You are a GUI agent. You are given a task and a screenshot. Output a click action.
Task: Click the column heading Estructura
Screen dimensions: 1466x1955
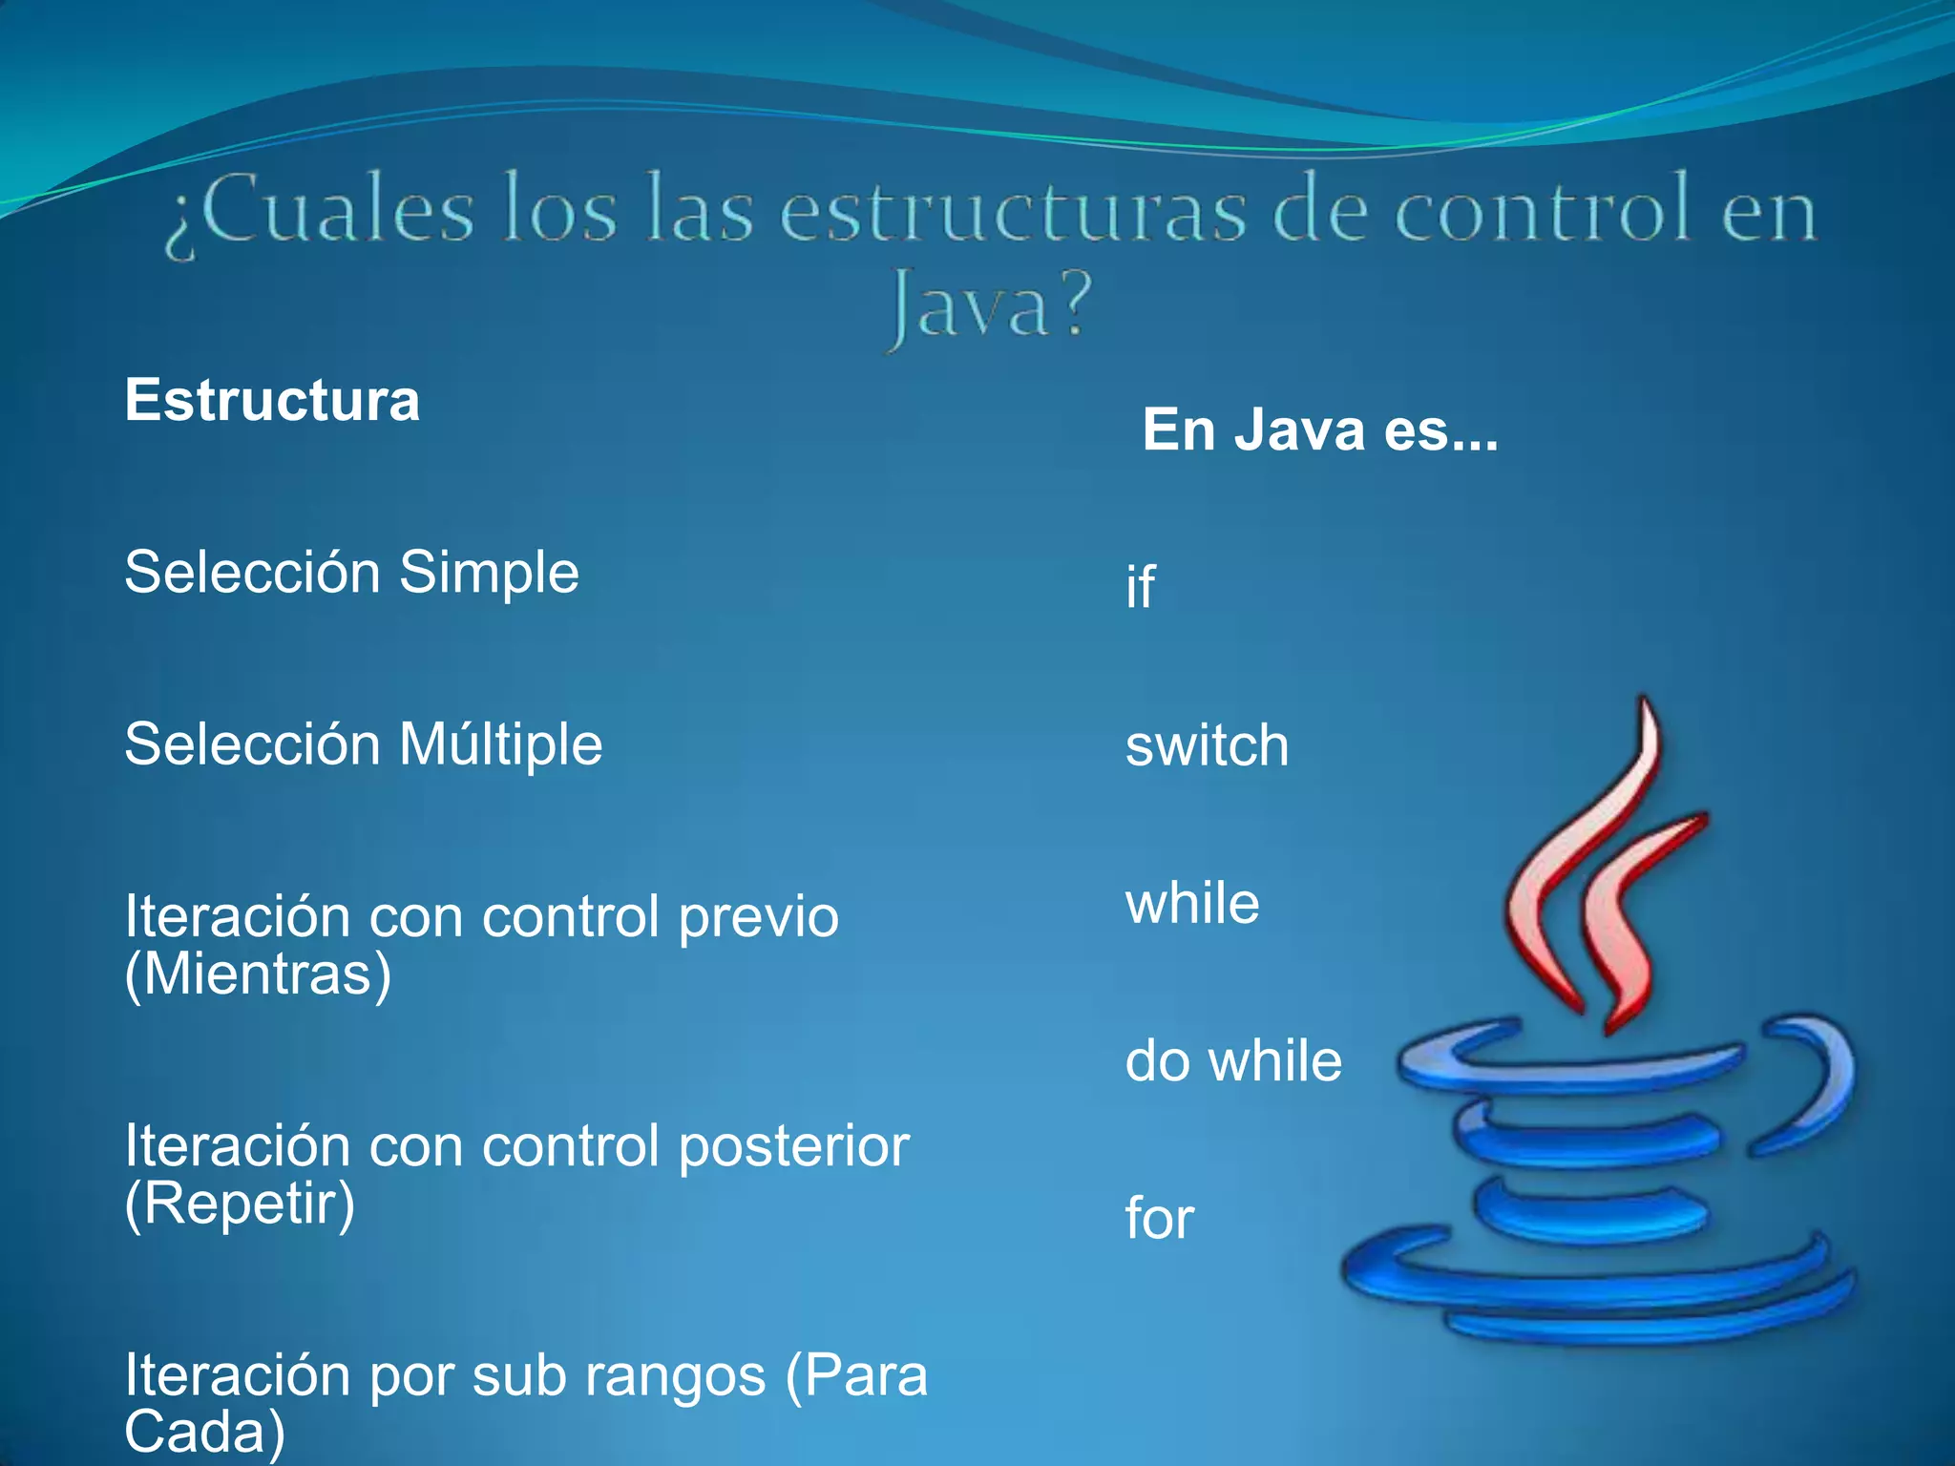tap(272, 400)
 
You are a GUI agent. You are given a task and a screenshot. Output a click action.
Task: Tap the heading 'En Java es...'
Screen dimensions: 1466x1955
tap(1320, 429)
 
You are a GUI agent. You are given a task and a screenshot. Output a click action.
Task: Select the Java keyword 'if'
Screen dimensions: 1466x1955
tap(1140, 586)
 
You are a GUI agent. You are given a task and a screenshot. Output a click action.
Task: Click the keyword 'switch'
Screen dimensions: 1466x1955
tap(1207, 745)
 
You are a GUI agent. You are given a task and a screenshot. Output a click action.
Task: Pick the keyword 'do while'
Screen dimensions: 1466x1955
tap(1233, 1060)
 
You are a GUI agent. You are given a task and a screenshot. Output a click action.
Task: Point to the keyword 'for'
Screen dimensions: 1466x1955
tap(1160, 1219)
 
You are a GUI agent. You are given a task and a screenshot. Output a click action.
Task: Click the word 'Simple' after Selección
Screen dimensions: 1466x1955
tap(489, 573)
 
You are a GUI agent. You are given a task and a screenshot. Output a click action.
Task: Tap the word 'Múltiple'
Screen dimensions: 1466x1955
tap(501, 744)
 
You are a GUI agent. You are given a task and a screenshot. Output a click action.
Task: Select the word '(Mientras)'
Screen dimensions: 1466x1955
tap(258, 975)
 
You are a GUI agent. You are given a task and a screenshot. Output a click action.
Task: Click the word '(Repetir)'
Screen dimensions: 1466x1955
tap(240, 1204)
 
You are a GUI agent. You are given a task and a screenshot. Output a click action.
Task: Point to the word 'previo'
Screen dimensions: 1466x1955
tap(758, 917)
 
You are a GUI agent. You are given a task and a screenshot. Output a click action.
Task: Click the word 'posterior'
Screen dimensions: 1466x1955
tap(793, 1146)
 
